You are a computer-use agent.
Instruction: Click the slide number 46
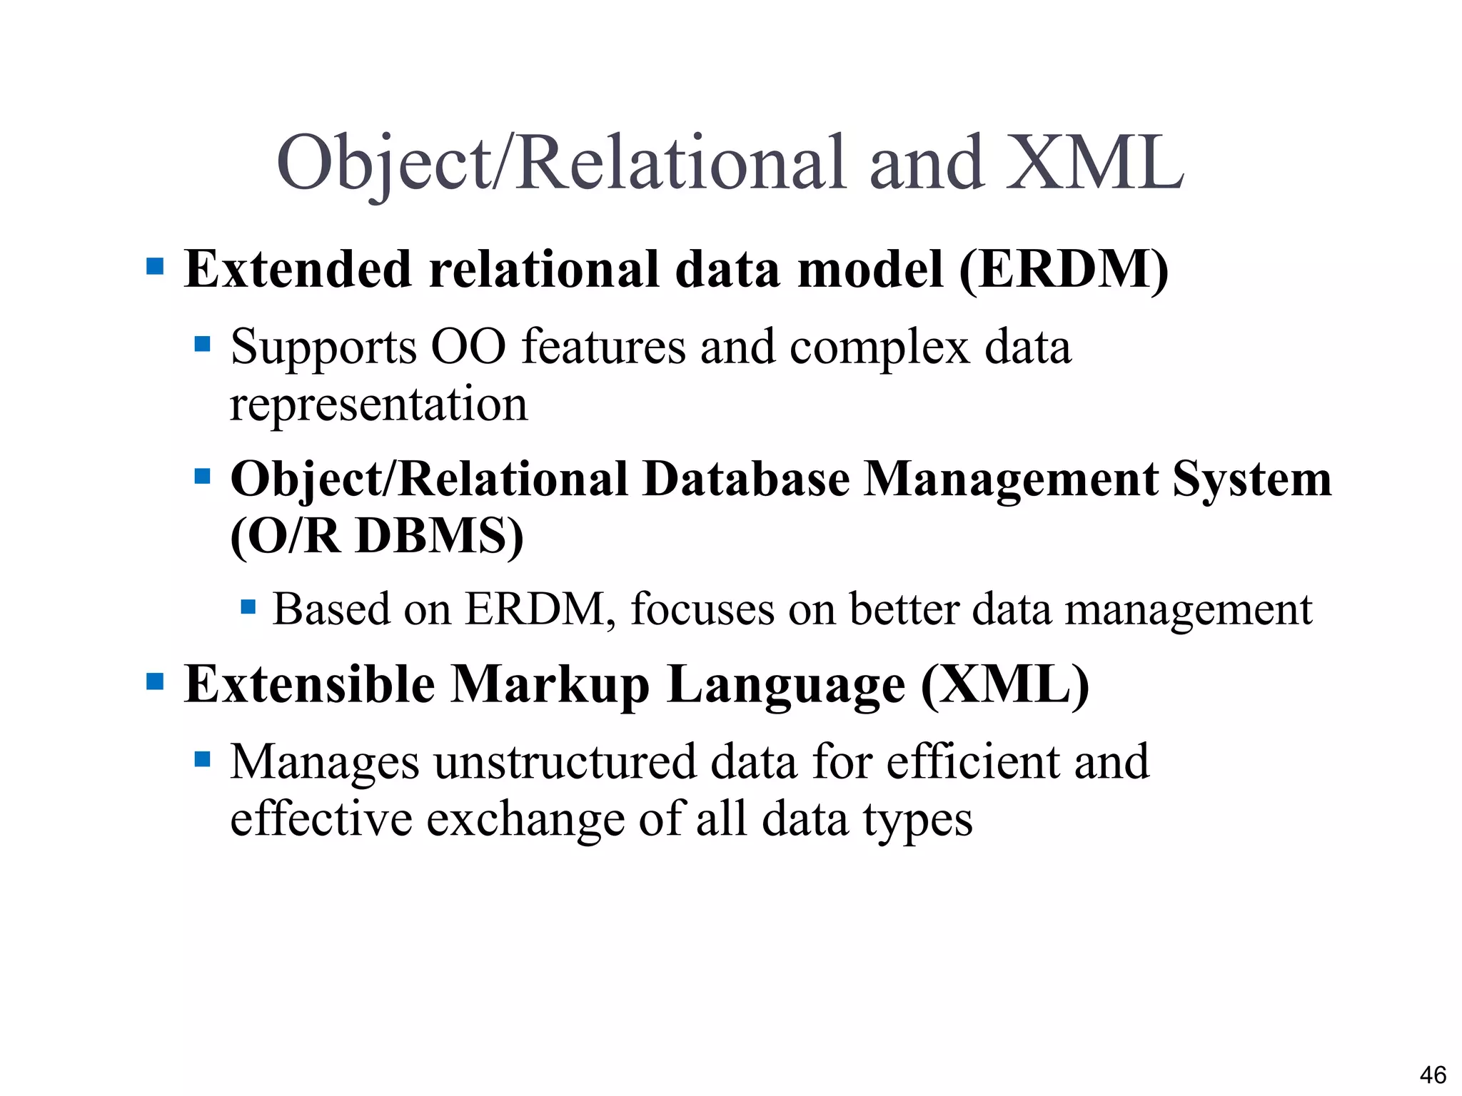(x=1433, y=1075)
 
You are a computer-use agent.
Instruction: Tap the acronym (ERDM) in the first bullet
(x=1063, y=270)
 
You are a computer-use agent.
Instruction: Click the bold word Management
(x=1011, y=479)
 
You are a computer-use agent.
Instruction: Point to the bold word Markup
(x=550, y=685)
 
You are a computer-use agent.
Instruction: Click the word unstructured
(x=564, y=762)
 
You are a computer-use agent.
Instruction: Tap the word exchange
(x=525, y=819)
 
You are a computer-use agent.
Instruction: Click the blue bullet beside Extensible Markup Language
(x=155, y=681)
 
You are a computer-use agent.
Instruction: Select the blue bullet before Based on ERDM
(x=248, y=607)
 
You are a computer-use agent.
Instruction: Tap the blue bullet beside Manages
(x=202, y=758)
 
